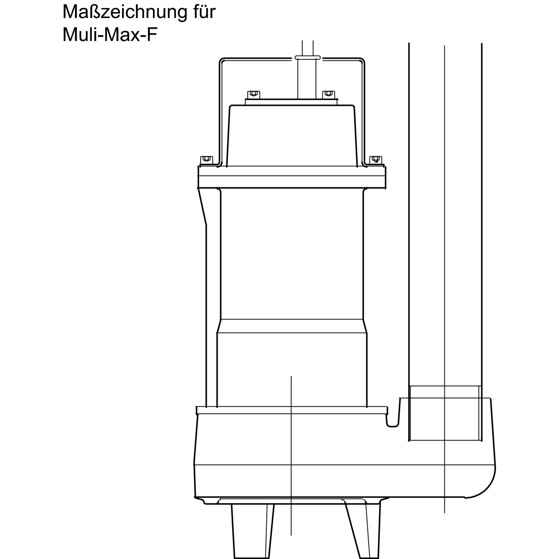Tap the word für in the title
coord(204,12)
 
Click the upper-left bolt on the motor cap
coord(253,95)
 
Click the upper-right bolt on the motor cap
coord(328,94)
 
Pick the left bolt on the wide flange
coord(206,160)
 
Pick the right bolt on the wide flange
coord(376,160)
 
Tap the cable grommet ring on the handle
coord(307,58)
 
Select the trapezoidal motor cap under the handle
coord(291,136)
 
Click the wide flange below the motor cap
coord(292,177)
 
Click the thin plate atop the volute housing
coord(292,410)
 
